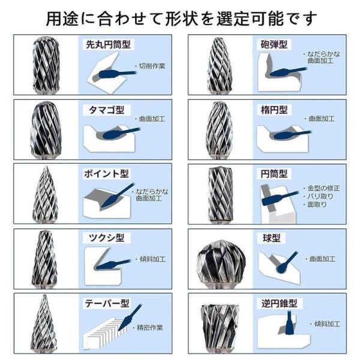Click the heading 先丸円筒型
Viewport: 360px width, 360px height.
click(108, 44)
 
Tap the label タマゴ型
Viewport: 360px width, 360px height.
click(106, 110)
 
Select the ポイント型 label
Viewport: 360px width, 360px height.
click(106, 173)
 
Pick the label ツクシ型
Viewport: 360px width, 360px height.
click(106, 238)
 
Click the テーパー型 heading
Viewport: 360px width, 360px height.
click(107, 304)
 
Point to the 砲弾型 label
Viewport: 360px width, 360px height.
click(274, 44)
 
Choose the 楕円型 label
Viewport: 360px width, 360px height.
click(274, 110)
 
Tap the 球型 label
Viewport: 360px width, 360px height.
click(271, 238)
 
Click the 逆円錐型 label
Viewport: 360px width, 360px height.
click(279, 304)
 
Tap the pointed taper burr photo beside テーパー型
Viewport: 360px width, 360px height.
click(44, 324)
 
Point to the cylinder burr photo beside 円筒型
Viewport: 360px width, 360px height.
click(220, 194)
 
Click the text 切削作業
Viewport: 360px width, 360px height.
click(152, 66)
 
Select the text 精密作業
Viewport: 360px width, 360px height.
click(150, 328)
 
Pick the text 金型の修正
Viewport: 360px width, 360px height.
click(323, 188)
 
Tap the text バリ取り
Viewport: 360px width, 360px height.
click(320, 196)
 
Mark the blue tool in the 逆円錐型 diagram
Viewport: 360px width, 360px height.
click(290, 322)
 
